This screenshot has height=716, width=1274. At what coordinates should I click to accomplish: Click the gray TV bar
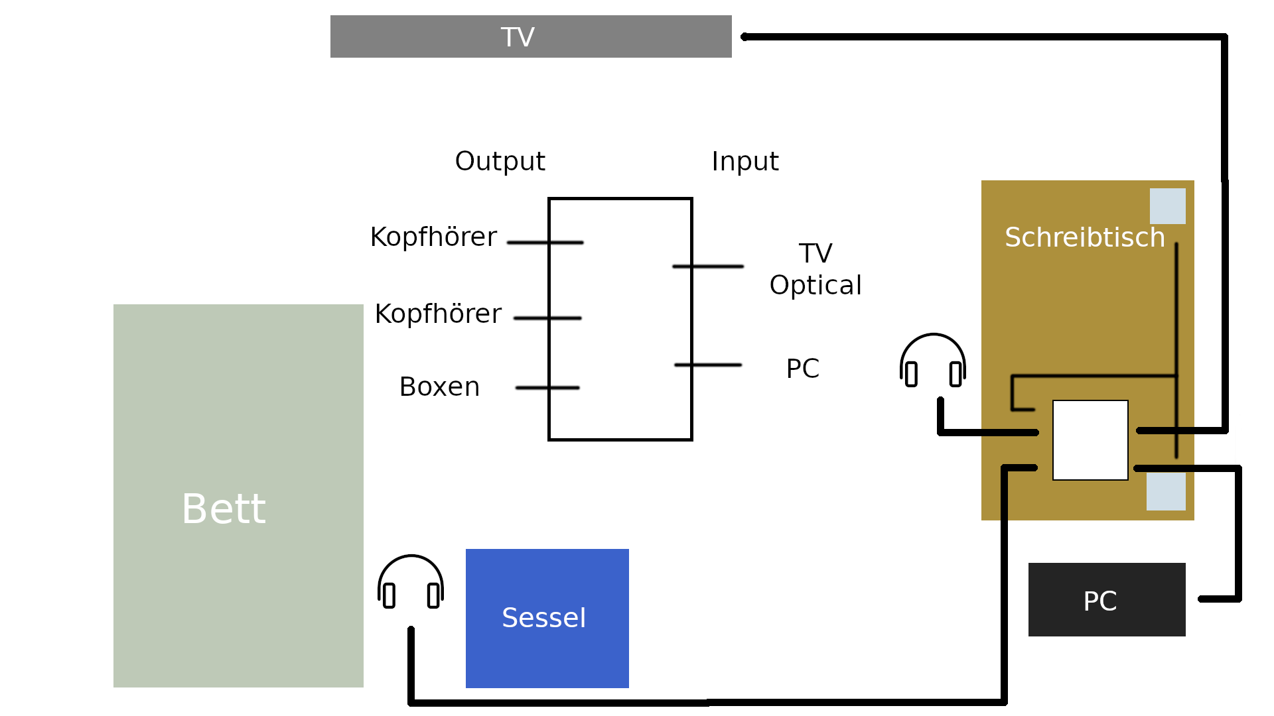(x=531, y=36)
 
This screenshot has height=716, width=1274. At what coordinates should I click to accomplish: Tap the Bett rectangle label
(x=224, y=509)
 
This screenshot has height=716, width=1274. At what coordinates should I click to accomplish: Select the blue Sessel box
(x=547, y=618)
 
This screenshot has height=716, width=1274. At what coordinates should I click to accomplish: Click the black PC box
(x=1106, y=600)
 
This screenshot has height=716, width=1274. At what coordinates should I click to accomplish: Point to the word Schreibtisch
(x=1084, y=237)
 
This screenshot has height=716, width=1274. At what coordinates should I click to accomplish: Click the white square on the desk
(x=1090, y=440)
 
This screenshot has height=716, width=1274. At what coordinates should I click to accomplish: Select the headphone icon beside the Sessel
(x=411, y=583)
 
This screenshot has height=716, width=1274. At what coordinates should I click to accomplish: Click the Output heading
(x=500, y=161)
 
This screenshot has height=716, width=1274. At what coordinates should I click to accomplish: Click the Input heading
(x=744, y=161)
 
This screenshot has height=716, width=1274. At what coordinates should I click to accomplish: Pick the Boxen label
(x=439, y=387)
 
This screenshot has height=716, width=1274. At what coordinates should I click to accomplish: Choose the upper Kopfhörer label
(x=433, y=237)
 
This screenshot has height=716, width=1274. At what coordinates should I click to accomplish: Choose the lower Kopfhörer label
(x=438, y=314)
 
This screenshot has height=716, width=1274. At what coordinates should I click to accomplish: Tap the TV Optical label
(x=815, y=269)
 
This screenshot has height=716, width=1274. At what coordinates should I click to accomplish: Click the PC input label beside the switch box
(x=802, y=369)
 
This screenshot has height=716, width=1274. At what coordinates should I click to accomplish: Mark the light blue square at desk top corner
(x=1167, y=206)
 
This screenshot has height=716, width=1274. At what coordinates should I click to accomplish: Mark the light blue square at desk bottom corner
(x=1166, y=491)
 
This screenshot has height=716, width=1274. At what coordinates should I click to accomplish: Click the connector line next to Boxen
(x=547, y=388)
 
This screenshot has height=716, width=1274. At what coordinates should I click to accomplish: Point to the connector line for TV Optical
(x=708, y=267)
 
